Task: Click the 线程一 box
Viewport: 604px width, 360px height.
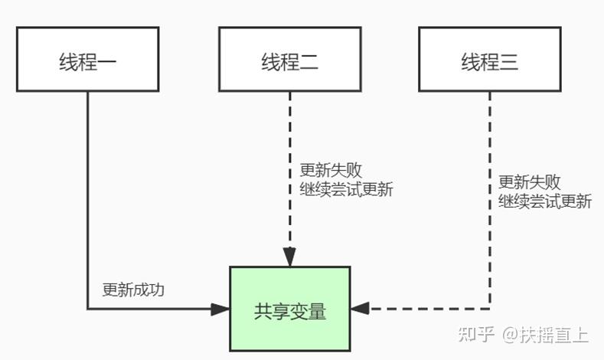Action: click(87, 60)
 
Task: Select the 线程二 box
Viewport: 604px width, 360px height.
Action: click(289, 60)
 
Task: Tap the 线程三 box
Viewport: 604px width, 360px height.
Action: click(490, 60)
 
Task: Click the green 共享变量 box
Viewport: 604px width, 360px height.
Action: click(289, 309)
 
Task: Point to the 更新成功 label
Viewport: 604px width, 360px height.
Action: click(133, 290)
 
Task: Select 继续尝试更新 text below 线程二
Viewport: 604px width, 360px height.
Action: click(345, 189)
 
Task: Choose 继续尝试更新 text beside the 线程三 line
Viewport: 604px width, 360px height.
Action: click(545, 201)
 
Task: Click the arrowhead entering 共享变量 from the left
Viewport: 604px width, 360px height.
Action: click(221, 309)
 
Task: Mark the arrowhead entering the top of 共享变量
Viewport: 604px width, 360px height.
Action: click(289, 258)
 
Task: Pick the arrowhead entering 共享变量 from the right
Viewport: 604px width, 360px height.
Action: click(360, 309)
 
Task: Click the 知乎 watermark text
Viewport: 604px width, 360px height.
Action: click(474, 335)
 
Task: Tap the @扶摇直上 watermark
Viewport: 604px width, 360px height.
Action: click(545, 335)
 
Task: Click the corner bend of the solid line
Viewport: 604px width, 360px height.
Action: click(87, 309)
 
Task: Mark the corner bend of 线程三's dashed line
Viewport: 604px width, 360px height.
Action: click(490, 309)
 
